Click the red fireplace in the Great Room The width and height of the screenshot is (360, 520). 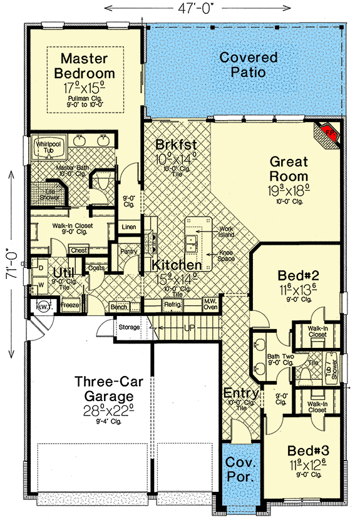(329, 133)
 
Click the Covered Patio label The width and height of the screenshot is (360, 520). (249, 64)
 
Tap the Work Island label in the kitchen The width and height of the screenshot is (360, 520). (225, 232)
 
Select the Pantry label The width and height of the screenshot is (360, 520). (128, 252)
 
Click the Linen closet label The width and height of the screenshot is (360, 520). (129, 227)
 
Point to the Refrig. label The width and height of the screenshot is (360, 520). (172, 307)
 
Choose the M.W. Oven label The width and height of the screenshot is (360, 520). (210, 303)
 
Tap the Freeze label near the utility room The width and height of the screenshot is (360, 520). (69, 306)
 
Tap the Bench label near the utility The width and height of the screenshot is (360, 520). (118, 307)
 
